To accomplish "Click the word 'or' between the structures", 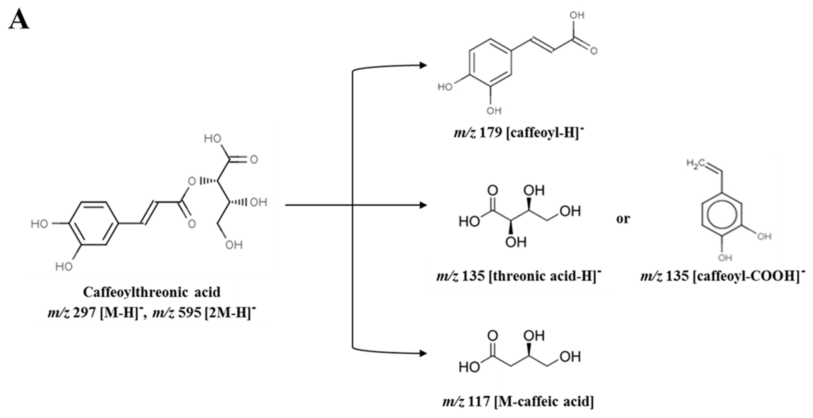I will pyautogui.click(x=623, y=219).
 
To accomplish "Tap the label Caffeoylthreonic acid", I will pyautogui.click(x=151, y=292).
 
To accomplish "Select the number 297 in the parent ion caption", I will pyautogui.click(x=84, y=313).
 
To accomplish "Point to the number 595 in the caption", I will pyautogui.click(x=189, y=313).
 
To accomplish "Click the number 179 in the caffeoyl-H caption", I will pyautogui.click(x=491, y=133).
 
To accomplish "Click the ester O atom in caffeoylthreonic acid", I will pyautogui.click(x=192, y=181).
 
